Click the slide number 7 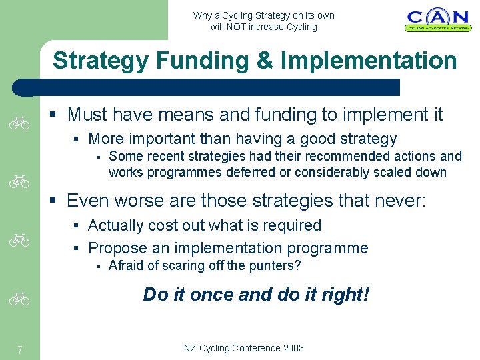[x=21, y=349]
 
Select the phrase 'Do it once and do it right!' [x=255, y=295]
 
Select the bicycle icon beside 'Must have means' [x=21, y=123]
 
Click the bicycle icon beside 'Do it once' [x=21, y=300]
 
